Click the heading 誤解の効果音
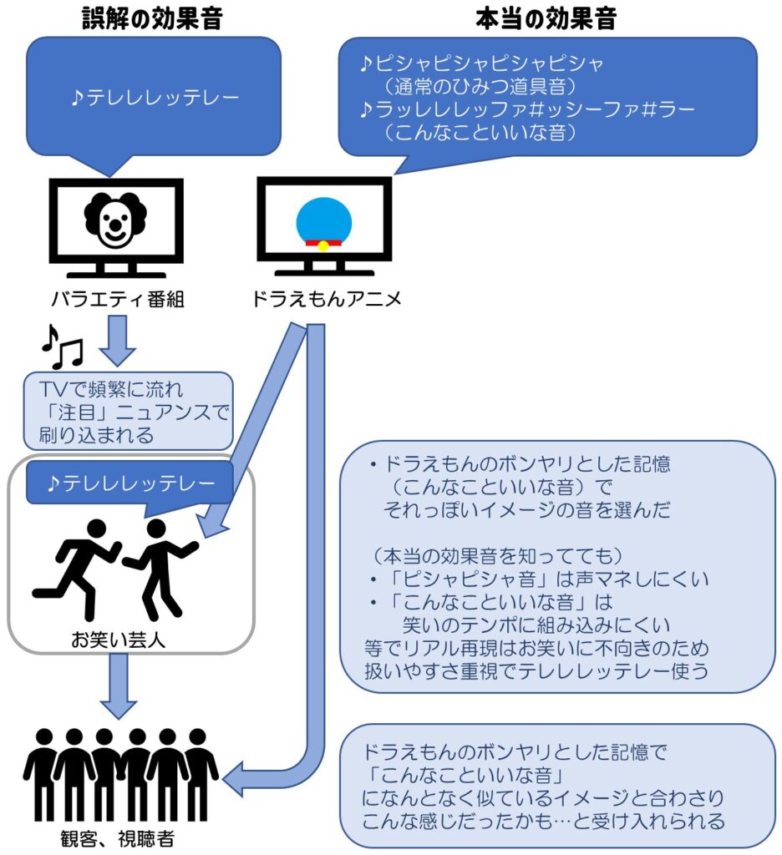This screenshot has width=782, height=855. tap(152, 18)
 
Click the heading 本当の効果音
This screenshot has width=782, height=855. tap(546, 18)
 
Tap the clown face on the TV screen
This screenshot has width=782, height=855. tap(115, 220)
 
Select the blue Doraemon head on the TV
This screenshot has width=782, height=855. tap(323, 220)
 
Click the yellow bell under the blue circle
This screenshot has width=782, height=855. tap(323, 245)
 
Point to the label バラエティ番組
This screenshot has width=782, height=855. tap(118, 300)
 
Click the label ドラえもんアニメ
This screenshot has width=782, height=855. tap(327, 300)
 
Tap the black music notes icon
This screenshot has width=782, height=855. tap(62, 347)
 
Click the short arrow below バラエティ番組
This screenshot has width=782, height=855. tap(117, 341)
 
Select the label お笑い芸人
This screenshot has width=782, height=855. tap(118, 640)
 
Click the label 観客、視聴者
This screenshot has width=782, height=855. tap(117, 838)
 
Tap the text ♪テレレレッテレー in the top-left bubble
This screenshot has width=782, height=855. tap(155, 99)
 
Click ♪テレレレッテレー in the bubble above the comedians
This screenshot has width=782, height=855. tap(131, 483)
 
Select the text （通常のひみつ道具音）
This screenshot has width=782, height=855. tap(480, 86)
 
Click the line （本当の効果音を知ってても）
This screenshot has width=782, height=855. tap(496, 555)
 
